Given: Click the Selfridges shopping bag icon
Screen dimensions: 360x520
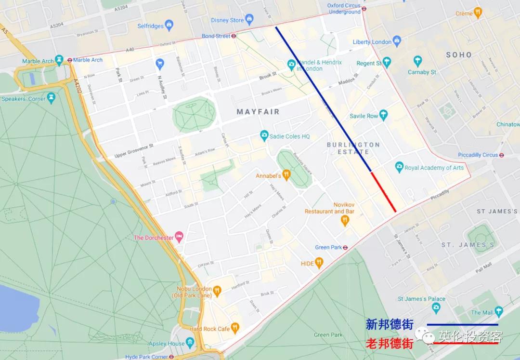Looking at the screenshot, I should (169, 25).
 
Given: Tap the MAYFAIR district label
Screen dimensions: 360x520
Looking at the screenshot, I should (258, 112).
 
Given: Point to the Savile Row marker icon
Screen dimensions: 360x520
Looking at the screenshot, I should (383, 115).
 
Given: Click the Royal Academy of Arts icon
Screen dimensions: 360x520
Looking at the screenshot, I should (399, 167).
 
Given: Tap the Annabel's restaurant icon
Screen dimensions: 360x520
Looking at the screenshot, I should (287, 175).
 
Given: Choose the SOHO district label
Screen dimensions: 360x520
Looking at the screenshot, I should (458, 55).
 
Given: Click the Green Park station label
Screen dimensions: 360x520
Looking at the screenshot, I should (328, 247).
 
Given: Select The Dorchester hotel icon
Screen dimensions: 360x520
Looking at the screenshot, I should (180, 237).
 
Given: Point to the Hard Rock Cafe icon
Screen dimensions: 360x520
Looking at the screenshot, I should (235, 328).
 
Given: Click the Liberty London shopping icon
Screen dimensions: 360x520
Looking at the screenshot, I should (397, 41).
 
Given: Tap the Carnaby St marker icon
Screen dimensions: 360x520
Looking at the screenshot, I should (418, 61).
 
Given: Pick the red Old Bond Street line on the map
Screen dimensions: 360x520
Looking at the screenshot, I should (384, 192).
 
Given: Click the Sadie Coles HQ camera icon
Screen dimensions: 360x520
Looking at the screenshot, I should (264, 135).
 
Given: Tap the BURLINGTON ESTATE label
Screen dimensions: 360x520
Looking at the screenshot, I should (353, 148).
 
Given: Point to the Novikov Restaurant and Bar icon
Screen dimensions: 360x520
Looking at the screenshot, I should (345, 220).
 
